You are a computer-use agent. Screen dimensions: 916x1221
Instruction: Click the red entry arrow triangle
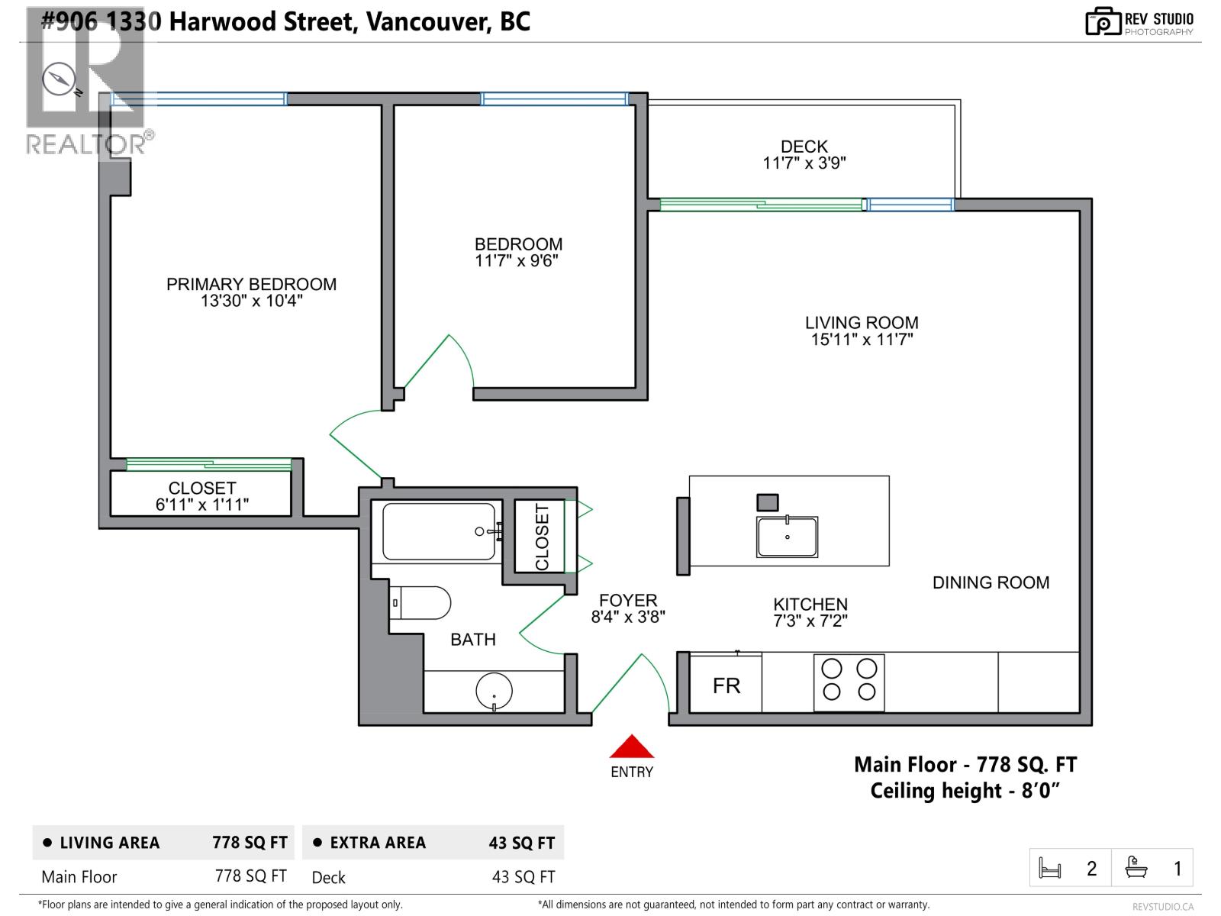click(x=632, y=747)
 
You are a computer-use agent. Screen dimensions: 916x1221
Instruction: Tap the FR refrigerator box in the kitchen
click(x=726, y=685)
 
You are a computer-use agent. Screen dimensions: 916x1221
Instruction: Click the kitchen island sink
click(x=787, y=537)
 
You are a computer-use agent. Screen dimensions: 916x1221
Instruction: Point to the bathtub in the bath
click(x=439, y=531)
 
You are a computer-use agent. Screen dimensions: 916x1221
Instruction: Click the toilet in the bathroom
click(x=420, y=603)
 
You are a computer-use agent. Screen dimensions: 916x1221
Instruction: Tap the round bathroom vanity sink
click(x=494, y=692)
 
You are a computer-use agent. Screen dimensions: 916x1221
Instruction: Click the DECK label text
click(x=804, y=147)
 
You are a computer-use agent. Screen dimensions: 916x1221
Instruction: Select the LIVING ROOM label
click(x=862, y=323)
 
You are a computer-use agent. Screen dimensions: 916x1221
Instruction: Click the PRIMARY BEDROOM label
click(x=251, y=284)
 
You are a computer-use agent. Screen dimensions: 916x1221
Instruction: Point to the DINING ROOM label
click(x=991, y=582)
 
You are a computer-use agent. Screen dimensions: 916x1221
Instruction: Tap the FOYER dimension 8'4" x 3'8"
click(x=628, y=617)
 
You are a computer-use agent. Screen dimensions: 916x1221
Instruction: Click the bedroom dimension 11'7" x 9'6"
click(x=518, y=261)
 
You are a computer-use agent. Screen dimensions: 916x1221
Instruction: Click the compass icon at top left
click(x=59, y=79)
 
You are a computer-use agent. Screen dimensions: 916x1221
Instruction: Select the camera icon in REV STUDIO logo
click(x=1103, y=22)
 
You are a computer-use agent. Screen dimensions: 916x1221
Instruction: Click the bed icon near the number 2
click(x=1050, y=869)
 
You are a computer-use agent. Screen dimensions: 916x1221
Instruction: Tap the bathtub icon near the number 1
click(x=1136, y=868)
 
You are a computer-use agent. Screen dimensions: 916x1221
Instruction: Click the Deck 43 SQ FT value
click(x=524, y=877)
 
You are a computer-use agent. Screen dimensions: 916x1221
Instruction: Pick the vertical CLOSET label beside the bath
click(x=542, y=537)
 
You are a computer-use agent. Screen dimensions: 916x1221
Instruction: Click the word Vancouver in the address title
click(x=427, y=21)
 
